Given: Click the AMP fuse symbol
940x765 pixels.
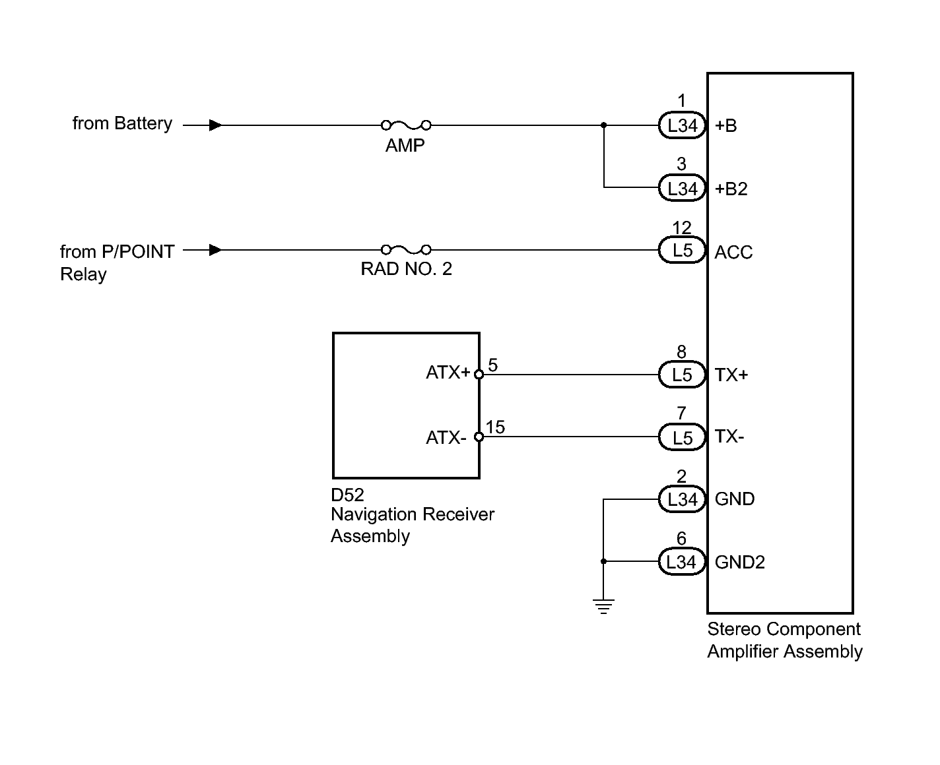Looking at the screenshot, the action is [x=405, y=125].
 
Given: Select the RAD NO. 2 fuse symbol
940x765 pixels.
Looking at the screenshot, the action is [x=405, y=250].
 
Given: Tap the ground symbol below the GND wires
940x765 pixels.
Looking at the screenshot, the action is [x=603, y=606].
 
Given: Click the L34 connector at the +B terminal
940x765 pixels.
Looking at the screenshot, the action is [x=682, y=125].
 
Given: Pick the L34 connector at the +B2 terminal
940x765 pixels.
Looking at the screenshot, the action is [x=682, y=188].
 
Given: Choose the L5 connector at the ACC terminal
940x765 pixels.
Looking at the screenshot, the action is [x=682, y=250].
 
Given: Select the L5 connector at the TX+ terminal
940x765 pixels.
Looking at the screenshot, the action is [x=682, y=375].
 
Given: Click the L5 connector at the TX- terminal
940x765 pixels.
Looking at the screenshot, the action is [x=682, y=437].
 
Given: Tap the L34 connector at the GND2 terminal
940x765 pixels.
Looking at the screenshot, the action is [x=682, y=561].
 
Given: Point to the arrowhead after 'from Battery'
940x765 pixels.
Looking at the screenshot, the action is [x=215, y=125].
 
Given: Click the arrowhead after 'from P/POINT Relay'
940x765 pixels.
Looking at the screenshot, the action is [x=215, y=250].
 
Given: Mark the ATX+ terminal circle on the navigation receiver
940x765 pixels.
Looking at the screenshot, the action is [x=479, y=375].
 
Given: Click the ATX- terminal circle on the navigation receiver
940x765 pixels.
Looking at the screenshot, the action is [x=479, y=437].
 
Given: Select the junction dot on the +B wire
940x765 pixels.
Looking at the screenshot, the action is [x=604, y=125].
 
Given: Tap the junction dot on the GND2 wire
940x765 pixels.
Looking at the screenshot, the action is [x=603, y=561].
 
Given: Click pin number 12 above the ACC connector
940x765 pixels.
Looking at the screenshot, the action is [x=681, y=228].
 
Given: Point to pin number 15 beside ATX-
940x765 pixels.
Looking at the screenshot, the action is [x=495, y=427].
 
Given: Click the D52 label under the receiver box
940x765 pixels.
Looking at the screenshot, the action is [x=347, y=495].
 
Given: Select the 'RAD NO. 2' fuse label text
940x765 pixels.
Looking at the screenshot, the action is [x=406, y=268].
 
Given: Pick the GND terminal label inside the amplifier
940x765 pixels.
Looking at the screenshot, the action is [x=734, y=499].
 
